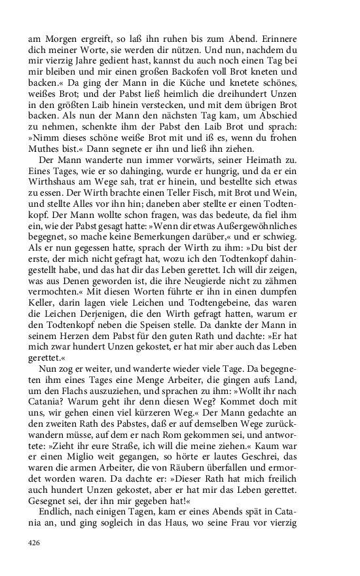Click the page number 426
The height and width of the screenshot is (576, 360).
(x=35, y=543)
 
